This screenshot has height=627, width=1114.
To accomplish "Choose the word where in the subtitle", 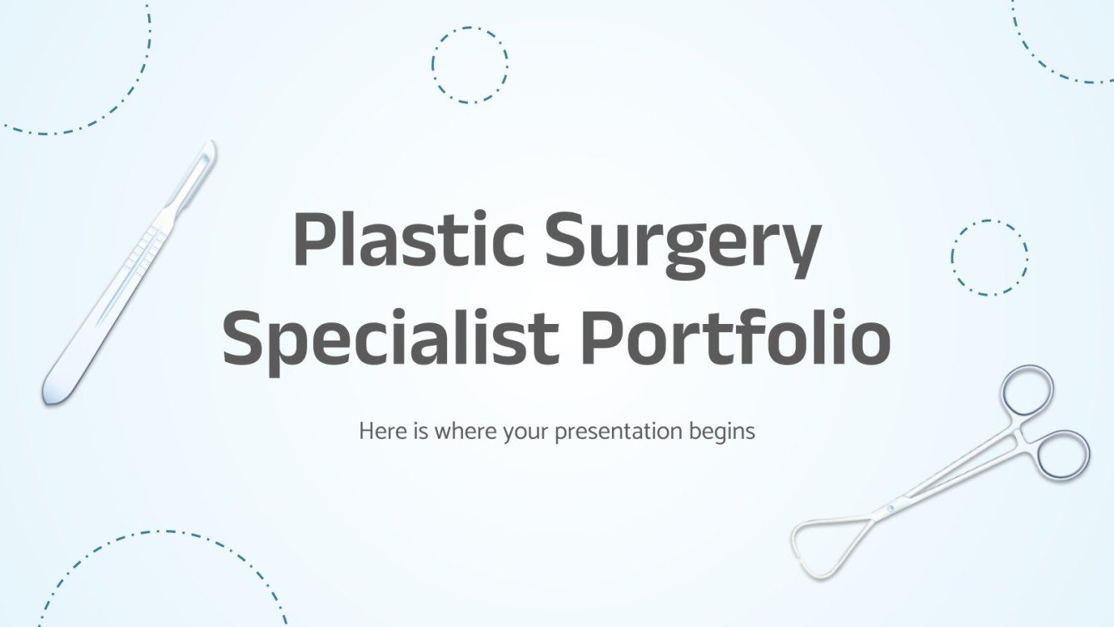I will tap(460, 431).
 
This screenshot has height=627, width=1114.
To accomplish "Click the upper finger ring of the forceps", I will tap(1027, 391).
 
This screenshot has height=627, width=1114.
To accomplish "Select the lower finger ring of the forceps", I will tap(1063, 454).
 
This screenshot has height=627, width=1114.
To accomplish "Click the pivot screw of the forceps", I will tap(892, 506).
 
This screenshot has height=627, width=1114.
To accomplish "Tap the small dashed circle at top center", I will tap(470, 65).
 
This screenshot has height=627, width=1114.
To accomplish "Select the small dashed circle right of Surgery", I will tap(989, 257).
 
